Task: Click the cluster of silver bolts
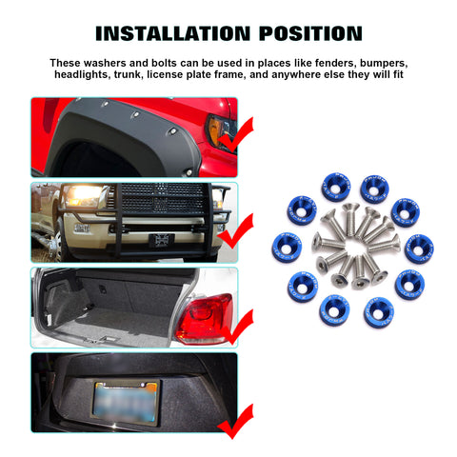(x=353, y=247)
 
